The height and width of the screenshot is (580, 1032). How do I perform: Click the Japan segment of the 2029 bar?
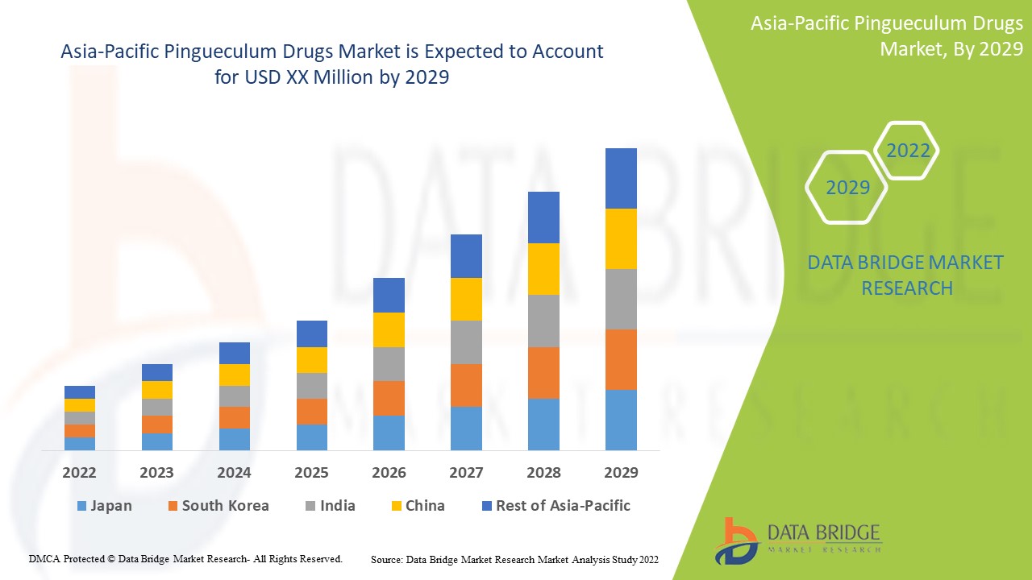[621, 420]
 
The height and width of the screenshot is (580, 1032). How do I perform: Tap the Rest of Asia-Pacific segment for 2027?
[466, 256]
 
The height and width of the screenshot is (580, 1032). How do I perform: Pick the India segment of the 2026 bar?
[389, 364]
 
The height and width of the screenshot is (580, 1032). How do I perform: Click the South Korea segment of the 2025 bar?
[311, 412]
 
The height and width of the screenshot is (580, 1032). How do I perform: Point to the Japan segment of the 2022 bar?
[80, 443]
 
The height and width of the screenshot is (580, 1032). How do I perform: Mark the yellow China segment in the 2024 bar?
[235, 375]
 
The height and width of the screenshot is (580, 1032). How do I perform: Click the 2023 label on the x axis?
[156, 472]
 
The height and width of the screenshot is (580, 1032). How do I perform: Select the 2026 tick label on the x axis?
[389, 472]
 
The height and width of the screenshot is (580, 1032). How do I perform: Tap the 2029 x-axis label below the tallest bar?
[621, 472]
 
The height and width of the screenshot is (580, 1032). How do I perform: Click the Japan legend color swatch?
[81, 507]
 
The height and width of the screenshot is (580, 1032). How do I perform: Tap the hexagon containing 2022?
[908, 151]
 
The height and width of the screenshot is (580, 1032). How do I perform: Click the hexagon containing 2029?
[847, 188]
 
